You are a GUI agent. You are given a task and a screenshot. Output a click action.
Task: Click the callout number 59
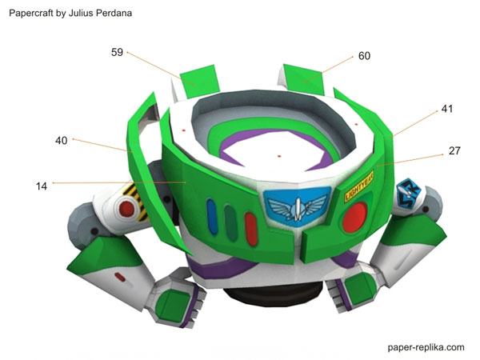pos(117,53)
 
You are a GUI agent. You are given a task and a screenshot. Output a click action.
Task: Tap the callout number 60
pos(364,56)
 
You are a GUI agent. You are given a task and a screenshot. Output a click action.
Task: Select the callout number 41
pos(446,109)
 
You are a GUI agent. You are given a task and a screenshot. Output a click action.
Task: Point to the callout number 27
pos(454,150)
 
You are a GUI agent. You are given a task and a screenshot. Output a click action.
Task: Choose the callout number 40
pos(62,141)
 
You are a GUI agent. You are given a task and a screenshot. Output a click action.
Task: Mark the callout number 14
pos(42,186)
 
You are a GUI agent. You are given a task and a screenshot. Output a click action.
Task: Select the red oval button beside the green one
pos(250,227)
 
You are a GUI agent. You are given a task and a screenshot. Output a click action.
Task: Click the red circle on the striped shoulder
pos(126,208)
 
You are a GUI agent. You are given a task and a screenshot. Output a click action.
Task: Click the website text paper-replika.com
pos(425,347)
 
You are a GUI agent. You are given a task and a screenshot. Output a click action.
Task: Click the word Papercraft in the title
pos(34,14)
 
